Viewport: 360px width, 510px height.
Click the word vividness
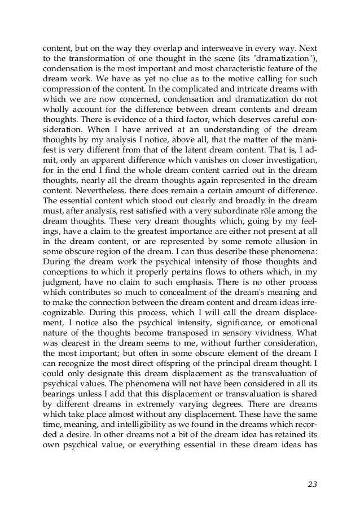point(289,319)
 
